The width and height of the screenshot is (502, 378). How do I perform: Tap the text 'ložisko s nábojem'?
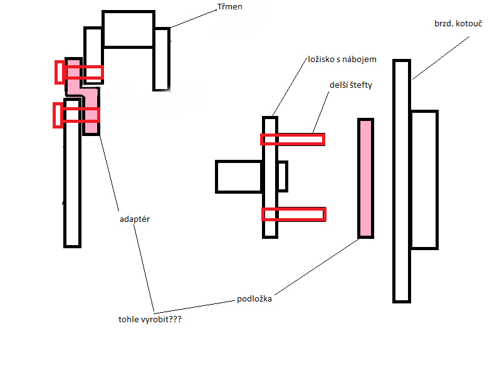point(342,59)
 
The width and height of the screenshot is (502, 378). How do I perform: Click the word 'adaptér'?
point(135,220)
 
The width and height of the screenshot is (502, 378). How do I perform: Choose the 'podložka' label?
point(254,298)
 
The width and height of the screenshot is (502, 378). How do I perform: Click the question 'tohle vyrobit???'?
point(150,319)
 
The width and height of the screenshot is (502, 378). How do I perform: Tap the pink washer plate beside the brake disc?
point(365,178)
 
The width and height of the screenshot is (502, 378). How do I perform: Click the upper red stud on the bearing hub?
point(293,139)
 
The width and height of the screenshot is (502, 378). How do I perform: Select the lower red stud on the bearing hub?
point(293,214)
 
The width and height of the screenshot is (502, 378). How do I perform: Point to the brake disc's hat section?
point(424,179)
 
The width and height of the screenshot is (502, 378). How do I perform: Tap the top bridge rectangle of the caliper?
point(128,29)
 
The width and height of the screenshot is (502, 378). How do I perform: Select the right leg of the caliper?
point(161,59)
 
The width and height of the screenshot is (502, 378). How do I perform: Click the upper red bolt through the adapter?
point(80,73)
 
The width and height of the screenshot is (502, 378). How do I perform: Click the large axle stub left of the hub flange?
point(238,176)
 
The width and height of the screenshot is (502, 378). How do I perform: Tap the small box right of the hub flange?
point(282,176)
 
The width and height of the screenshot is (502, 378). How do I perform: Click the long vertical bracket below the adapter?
point(73,182)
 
